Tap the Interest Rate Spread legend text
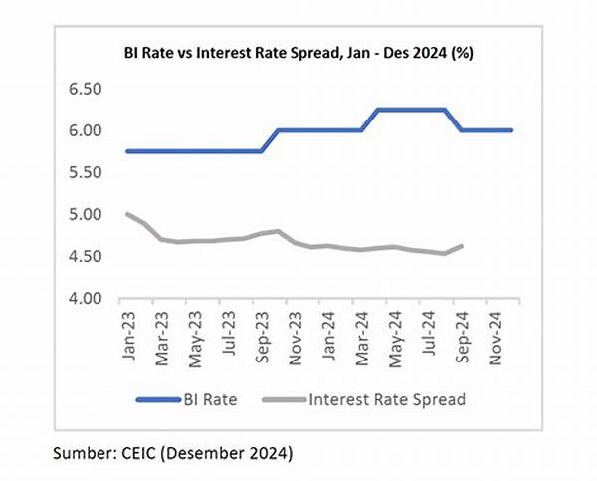pyautogui.click(x=389, y=400)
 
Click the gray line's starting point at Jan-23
pyautogui.click(x=127, y=214)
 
